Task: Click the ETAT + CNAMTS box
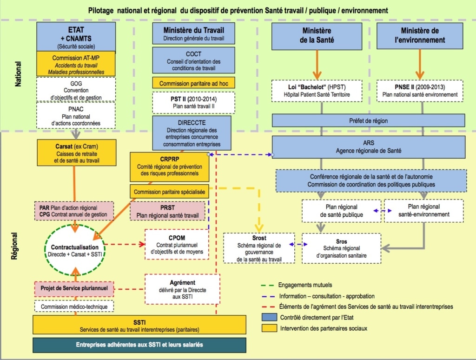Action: (76, 36)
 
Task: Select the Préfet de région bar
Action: (368, 120)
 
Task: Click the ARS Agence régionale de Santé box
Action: (368, 147)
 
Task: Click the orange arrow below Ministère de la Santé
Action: (317, 65)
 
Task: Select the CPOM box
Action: (176, 245)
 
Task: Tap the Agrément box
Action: (182, 289)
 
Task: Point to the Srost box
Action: (259, 248)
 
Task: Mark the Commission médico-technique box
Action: (74, 307)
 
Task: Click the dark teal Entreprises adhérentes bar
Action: (139, 345)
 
